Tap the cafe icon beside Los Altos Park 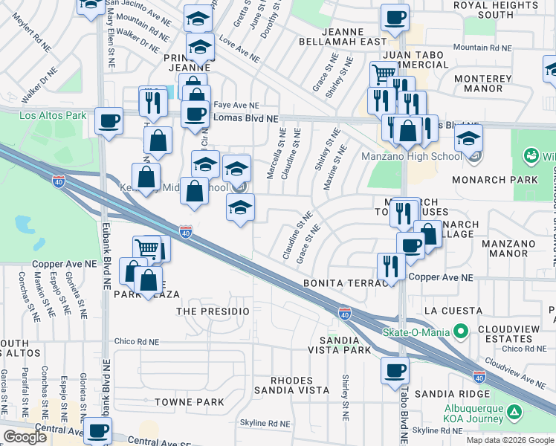(109, 120)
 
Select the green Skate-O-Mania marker (462, 330)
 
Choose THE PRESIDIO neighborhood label (213, 310)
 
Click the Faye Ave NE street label (236, 106)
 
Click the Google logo (25, 436)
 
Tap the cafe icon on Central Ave (97, 430)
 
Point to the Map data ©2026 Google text (509, 440)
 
